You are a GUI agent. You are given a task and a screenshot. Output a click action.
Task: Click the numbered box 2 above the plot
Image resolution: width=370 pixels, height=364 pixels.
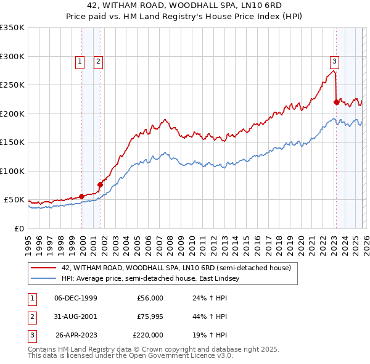[98, 61]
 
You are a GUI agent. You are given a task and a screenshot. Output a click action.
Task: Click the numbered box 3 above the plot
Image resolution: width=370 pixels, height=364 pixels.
[334, 61]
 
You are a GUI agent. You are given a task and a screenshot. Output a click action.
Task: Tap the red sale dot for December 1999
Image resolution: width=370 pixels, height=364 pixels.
[82, 196]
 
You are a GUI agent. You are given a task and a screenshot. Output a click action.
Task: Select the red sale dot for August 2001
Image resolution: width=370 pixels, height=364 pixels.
[100, 184]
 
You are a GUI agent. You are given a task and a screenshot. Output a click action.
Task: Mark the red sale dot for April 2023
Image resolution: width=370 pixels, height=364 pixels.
[336, 102]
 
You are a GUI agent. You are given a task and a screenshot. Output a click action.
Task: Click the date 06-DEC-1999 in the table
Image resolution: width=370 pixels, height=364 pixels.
[76, 298]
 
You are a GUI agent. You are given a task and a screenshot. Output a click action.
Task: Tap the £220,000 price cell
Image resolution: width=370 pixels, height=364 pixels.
[148, 335]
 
